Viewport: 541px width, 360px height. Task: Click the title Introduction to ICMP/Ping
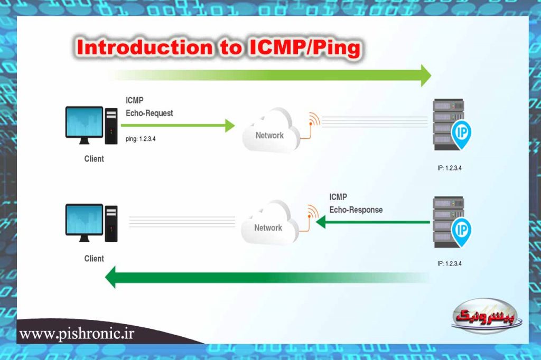tap(219, 48)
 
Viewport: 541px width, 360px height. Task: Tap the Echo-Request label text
tap(150, 113)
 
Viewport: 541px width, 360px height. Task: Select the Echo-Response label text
tap(356, 210)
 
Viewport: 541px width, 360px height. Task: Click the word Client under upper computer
tap(94, 159)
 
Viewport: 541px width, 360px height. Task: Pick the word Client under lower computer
tap(94, 259)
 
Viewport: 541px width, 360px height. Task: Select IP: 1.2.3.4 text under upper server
tap(453, 168)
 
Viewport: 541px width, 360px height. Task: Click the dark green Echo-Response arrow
tap(372, 223)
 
